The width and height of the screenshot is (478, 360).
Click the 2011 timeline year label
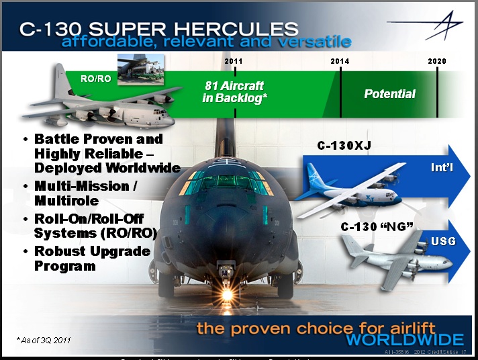(233, 61)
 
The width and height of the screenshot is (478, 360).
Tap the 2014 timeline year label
(340, 61)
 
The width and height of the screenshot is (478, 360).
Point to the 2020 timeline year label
(437, 61)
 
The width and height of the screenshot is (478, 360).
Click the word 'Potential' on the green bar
(389, 94)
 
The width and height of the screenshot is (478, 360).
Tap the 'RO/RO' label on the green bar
(95, 79)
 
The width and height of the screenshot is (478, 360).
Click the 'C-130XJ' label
(340, 146)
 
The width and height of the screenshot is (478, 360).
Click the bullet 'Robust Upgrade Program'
(91, 258)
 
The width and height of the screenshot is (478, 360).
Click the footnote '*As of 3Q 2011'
(44, 340)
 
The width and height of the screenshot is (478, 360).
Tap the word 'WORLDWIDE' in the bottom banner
(405, 339)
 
